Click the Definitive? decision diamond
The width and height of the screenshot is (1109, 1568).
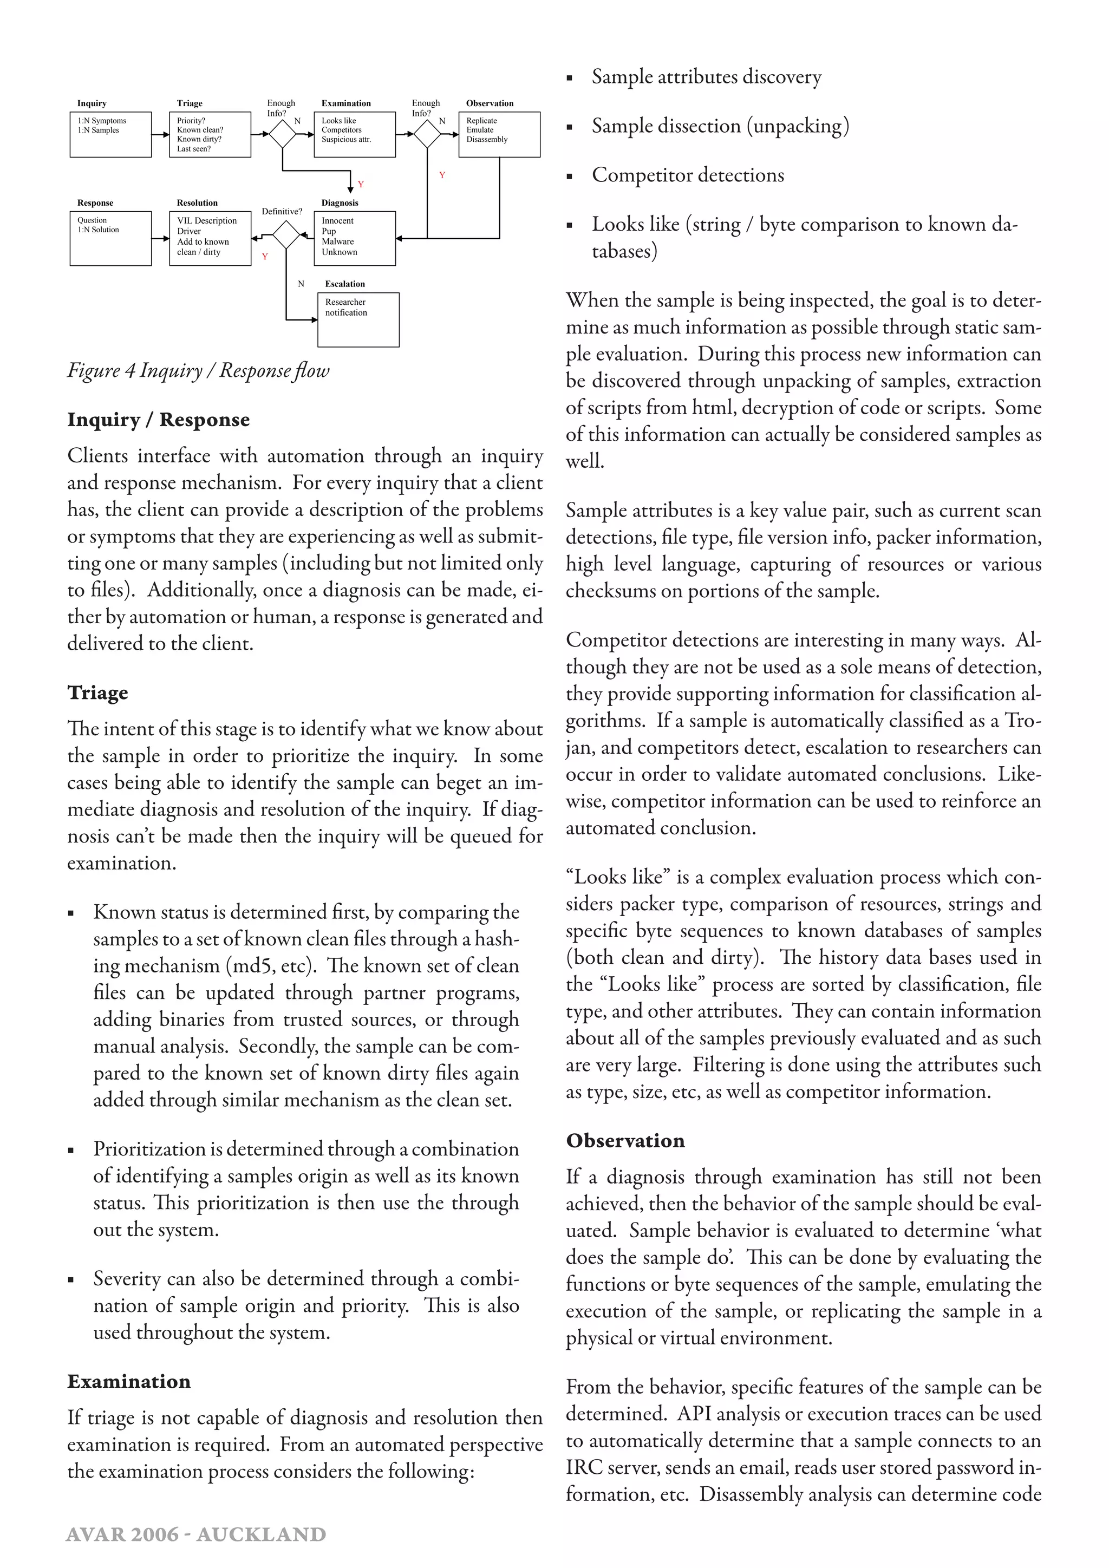pos(287,236)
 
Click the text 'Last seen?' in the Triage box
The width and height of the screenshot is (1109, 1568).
pos(194,149)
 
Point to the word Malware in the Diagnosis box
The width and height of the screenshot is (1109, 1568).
pos(337,241)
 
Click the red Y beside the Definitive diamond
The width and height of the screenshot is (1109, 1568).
pos(265,257)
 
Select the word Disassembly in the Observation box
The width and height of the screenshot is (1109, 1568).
pos(487,139)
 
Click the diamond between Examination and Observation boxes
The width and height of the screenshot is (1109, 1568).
pos(427,134)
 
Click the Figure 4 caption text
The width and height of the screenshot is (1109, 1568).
pos(198,370)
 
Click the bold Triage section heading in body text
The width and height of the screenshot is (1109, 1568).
pos(97,692)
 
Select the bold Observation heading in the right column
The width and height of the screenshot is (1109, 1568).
pos(625,1140)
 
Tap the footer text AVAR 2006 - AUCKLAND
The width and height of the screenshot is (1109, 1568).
pos(196,1534)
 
